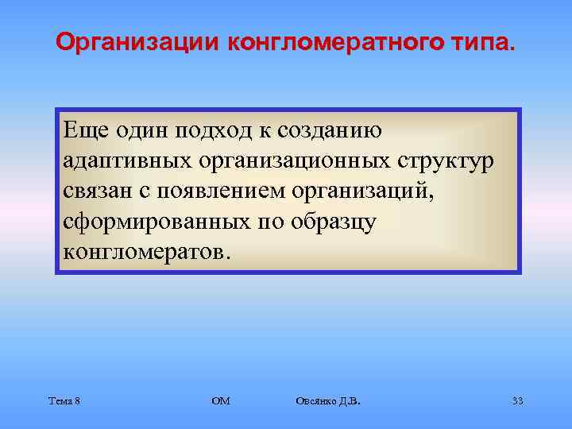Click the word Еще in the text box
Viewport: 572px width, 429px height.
pos(83,130)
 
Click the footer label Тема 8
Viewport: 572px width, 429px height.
pos(64,401)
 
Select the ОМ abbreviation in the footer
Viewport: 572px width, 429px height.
pos(220,401)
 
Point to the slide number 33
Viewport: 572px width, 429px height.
pos(517,401)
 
